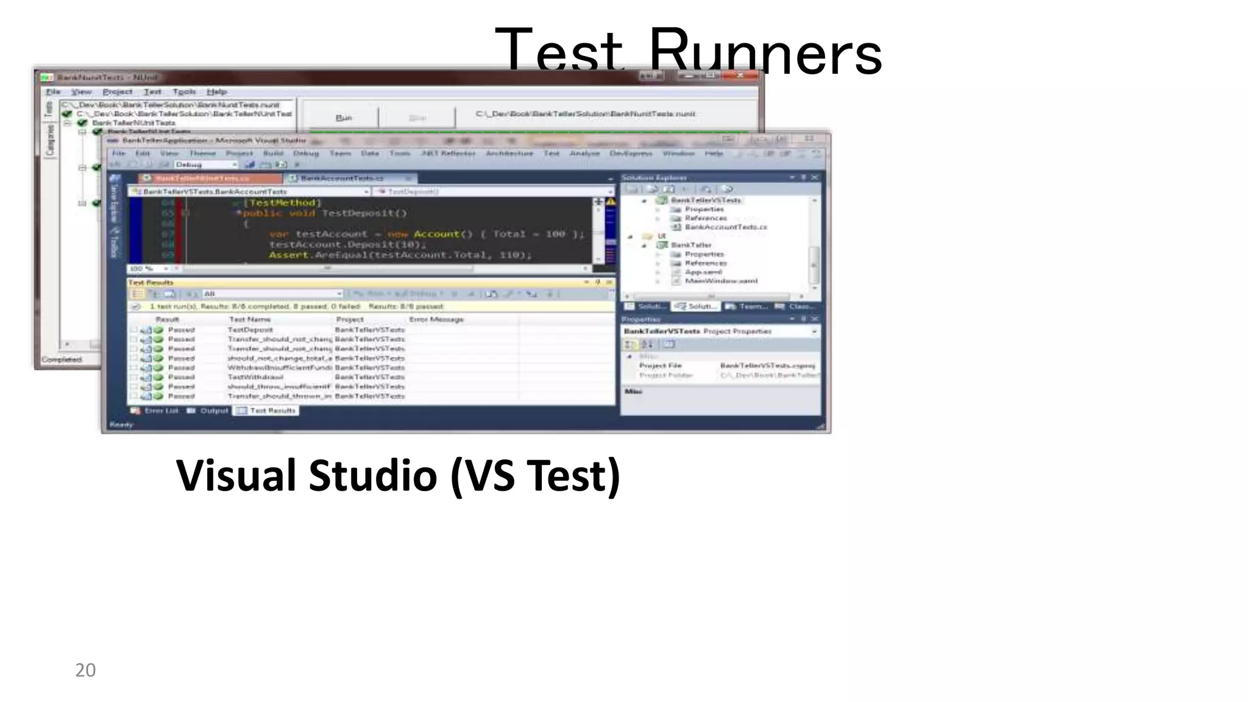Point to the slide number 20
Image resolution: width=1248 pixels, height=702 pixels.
click(85, 670)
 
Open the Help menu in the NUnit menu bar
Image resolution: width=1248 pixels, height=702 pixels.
click(216, 91)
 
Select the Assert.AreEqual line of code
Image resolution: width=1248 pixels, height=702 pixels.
click(400, 255)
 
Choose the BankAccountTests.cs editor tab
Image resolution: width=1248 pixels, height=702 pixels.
click(341, 178)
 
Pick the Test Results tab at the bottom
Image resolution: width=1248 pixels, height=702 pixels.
click(272, 410)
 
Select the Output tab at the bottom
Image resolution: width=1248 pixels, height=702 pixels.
click(214, 410)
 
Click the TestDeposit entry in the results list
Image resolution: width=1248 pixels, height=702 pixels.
click(250, 330)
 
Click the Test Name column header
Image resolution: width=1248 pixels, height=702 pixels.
click(249, 319)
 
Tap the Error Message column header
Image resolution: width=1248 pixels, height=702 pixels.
click(436, 319)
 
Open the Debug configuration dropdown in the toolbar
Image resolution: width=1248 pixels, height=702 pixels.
click(205, 165)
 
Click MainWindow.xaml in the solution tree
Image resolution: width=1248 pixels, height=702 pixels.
click(721, 281)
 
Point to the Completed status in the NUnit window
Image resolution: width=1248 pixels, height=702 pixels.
click(62, 360)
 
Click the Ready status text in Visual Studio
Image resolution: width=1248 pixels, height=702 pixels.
click(121, 424)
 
